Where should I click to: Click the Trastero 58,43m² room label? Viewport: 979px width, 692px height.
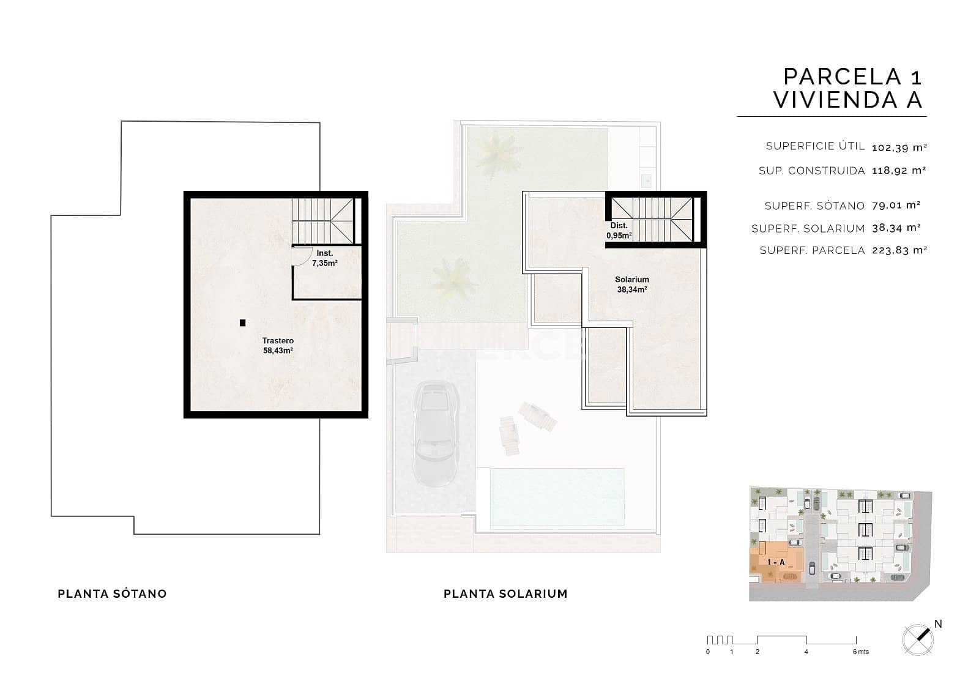278,346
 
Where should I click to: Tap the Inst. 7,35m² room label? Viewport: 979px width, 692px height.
325,258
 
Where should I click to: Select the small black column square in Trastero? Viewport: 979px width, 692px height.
243,322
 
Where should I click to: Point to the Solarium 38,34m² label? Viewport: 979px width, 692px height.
631,285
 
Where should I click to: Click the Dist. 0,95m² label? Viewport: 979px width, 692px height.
619,231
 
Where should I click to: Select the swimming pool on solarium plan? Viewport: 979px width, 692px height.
557,496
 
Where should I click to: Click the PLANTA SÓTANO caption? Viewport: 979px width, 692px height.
112,593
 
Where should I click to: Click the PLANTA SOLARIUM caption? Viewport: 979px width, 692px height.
505,593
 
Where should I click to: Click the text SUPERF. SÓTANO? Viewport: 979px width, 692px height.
814,206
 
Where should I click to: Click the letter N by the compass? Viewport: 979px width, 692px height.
938,624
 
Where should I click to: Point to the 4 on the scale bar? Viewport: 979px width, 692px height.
806,652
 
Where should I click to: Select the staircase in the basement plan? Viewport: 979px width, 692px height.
322,220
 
